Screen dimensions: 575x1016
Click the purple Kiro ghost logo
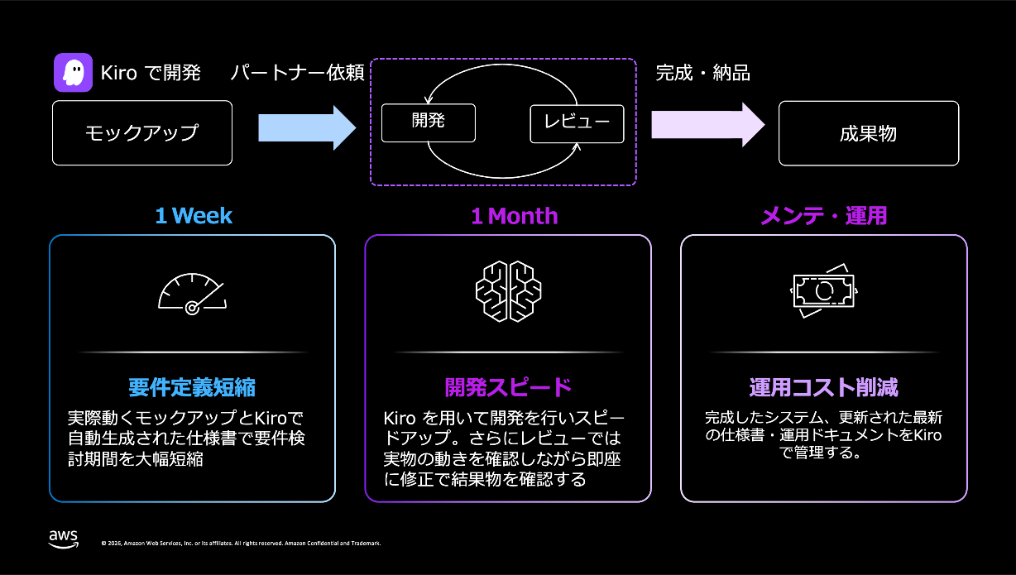tap(73, 73)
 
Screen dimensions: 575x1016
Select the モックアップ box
tap(141, 132)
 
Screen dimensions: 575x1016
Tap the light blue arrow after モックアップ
tap(306, 127)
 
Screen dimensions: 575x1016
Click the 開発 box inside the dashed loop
tap(428, 122)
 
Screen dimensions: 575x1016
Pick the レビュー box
tap(577, 123)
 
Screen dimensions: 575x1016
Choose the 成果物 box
tap(868, 132)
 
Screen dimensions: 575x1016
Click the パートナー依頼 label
tap(297, 73)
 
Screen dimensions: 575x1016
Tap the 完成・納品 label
tap(702, 73)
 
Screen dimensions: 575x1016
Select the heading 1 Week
tap(194, 217)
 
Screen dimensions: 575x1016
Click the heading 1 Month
tap(514, 217)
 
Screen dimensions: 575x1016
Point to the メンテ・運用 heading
tap(823, 217)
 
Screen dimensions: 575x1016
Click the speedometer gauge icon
tap(192, 294)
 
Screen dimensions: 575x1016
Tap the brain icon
tap(508, 291)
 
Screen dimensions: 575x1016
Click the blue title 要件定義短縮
tap(192, 387)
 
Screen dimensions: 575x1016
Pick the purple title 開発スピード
tap(508, 387)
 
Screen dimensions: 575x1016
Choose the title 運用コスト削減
tap(823, 387)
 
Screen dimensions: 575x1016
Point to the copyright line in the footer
tap(241, 544)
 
